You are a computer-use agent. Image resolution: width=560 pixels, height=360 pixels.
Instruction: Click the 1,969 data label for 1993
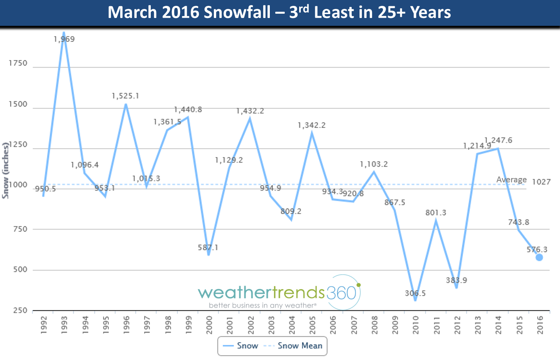64,39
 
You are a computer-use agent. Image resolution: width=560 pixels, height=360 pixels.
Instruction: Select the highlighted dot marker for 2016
539,257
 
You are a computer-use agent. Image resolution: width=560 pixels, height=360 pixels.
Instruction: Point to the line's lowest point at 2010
415,300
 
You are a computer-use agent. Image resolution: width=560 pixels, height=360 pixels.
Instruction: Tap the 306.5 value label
415,293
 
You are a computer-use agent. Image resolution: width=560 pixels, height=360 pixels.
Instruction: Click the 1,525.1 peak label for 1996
125,96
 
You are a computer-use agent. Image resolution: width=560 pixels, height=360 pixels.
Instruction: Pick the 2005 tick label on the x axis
312,325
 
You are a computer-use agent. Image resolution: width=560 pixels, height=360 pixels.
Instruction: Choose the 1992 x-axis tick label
43,325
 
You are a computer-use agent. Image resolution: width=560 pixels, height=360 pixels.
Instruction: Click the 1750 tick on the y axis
18,63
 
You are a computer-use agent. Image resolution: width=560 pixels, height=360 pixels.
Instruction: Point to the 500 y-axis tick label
20,270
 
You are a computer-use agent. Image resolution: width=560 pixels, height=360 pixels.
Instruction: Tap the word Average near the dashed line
511,180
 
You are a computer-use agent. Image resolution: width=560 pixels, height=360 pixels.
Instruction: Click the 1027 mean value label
541,182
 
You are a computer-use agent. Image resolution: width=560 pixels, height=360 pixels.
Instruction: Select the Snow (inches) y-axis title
5,170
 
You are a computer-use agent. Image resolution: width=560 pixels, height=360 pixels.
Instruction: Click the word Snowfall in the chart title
237,12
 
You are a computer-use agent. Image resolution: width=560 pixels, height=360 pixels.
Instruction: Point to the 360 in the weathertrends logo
341,293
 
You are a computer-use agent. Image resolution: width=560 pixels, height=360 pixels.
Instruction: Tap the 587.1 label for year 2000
208,247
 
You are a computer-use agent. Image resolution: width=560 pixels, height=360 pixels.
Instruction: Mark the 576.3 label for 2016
537,249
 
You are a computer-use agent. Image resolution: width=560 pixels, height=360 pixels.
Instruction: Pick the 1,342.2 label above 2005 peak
312,125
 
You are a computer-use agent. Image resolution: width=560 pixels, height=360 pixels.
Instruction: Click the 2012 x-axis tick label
457,325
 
